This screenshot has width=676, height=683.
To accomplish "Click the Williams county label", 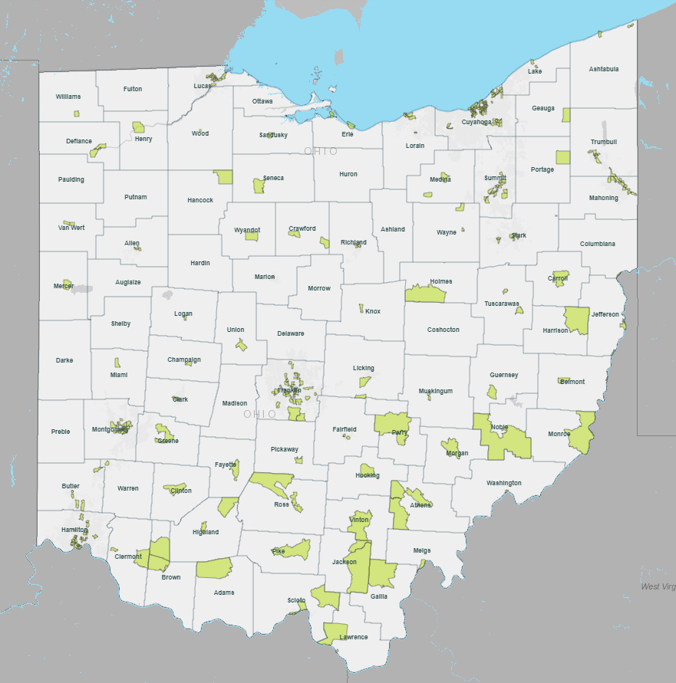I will click(x=68, y=97).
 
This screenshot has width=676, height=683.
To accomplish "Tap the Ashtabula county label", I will click(x=603, y=69).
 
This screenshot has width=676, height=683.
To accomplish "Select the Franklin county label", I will click(x=289, y=390).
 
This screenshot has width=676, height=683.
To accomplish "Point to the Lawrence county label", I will click(x=354, y=637).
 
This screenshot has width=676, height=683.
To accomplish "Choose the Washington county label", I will click(x=503, y=483).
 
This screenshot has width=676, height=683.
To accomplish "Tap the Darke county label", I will click(x=64, y=360).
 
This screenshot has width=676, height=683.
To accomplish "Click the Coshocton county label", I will click(x=443, y=330).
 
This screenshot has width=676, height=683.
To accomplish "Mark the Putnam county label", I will click(x=135, y=197).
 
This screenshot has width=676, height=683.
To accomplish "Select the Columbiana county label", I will click(x=597, y=244).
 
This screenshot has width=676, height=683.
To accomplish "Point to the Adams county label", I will click(x=224, y=593).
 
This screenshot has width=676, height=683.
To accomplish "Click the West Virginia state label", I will click(x=658, y=586).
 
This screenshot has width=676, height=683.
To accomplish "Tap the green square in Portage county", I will click(x=563, y=157).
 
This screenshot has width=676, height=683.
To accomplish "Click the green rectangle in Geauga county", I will click(x=566, y=115).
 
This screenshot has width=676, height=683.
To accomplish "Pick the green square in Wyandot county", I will click(x=252, y=236).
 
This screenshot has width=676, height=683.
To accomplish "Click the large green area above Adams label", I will click(x=213, y=568).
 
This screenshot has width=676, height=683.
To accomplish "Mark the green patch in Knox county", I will click(x=361, y=308).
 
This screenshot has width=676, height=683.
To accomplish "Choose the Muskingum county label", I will click(x=435, y=391).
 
